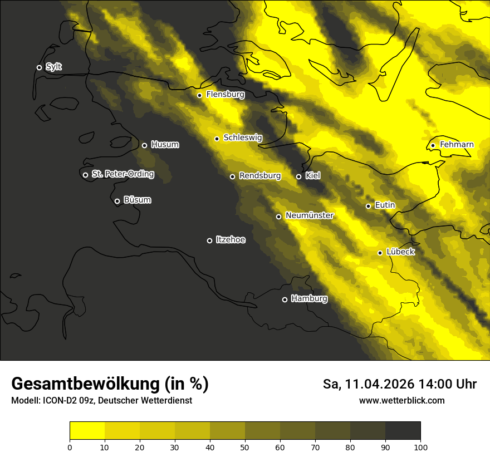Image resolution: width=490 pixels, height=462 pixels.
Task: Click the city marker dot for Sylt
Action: click(39, 67)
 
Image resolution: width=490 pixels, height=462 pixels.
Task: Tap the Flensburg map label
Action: click(225, 95)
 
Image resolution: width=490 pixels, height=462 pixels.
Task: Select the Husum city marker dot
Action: click(144, 145)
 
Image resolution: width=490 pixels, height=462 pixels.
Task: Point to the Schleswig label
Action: click(242, 137)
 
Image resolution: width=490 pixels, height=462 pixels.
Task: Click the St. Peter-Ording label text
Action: click(122, 174)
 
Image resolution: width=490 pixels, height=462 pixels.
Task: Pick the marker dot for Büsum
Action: click(117, 201)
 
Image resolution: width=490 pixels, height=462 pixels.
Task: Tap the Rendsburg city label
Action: click(259, 176)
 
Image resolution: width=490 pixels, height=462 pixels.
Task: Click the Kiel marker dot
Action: click(298, 176)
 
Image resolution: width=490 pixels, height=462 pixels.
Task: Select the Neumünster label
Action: click(309, 215)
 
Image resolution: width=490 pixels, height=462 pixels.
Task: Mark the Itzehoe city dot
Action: click(209, 240)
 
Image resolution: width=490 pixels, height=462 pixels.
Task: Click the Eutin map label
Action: click(385, 205)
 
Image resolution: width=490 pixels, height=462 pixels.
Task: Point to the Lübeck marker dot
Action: click(380, 253)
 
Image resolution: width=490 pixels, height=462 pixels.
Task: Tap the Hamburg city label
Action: click(309, 299)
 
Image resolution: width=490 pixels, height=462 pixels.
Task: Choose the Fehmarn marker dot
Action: click(433, 146)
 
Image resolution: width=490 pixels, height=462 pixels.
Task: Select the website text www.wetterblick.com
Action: click(401, 401)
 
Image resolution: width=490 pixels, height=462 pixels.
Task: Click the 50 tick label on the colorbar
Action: click(245, 446)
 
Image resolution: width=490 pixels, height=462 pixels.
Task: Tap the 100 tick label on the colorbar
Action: click(420, 446)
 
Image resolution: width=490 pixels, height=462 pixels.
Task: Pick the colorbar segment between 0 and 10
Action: click(87, 431)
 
